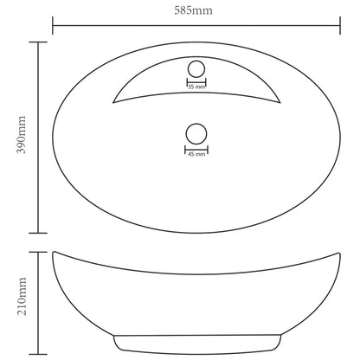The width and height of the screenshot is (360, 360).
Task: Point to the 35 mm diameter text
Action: (196, 87)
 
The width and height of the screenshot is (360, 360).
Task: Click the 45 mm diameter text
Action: (196, 153)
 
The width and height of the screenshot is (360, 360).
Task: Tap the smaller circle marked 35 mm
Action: (196, 69)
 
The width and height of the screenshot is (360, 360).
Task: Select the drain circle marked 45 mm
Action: (196, 134)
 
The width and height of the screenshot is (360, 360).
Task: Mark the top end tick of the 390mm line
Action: (36, 42)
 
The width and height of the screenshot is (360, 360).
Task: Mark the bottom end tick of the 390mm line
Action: (36, 234)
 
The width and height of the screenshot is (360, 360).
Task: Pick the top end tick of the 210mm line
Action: (36, 251)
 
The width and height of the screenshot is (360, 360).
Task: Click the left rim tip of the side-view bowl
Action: (55, 252)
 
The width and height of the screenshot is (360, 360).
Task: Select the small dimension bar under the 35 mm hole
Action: (196, 82)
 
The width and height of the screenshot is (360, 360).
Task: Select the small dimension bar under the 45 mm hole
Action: (196, 148)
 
